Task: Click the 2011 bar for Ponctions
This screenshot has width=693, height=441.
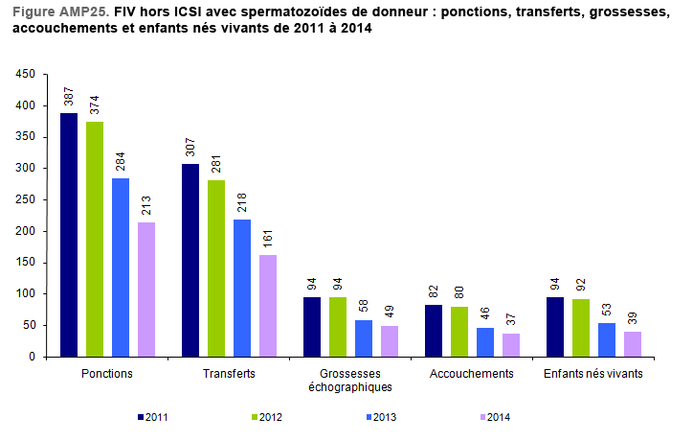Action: (x=69, y=235)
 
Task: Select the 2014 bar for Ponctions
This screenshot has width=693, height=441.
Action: (x=146, y=290)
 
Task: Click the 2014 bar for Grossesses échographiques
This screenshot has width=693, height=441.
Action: (x=390, y=341)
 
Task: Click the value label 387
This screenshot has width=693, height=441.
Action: (x=69, y=98)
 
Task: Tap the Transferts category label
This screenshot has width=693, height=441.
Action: (x=230, y=373)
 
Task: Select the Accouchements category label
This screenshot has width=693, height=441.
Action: (x=473, y=373)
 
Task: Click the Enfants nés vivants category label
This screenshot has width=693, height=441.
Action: (x=593, y=373)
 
